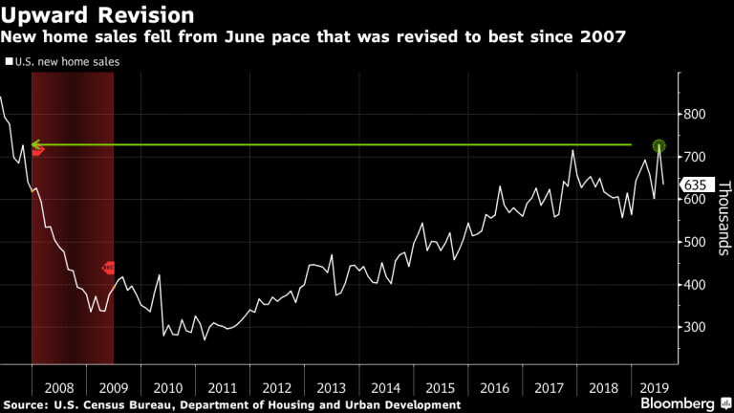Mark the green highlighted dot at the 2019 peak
coord(658,145)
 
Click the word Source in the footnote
coord(26,405)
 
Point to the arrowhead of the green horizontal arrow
coord(36,145)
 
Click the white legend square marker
coord(10,61)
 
